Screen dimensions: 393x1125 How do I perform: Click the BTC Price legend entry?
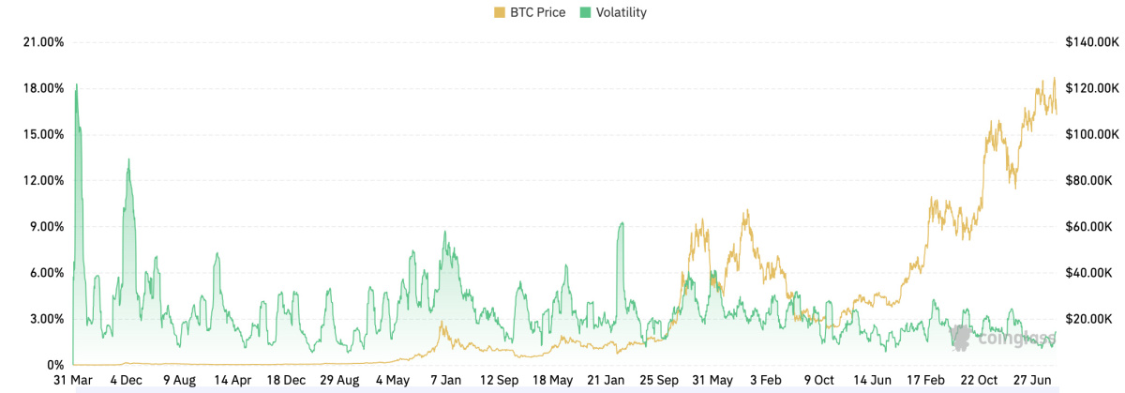click(x=530, y=12)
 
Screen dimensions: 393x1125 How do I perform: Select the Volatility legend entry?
click(x=613, y=12)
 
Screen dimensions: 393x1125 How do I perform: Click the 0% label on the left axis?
click(x=55, y=365)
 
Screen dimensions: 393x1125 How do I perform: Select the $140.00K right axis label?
click(x=1092, y=42)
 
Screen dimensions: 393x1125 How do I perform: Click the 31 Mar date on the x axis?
click(x=72, y=381)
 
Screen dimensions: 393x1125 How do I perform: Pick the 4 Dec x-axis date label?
click(x=126, y=381)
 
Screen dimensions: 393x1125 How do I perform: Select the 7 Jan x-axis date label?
click(x=445, y=381)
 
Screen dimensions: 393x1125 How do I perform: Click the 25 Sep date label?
click(x=660, y=381)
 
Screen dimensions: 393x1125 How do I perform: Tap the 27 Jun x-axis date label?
click(x=1032, y=381)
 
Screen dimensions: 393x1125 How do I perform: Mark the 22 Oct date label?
click(x=980, y=381)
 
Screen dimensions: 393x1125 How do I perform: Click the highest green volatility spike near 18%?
click(x=76, y=85)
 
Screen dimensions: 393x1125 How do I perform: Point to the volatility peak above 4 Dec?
click(x=128, y=159)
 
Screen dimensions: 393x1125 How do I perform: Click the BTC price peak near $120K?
click(x=1054, y=79)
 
